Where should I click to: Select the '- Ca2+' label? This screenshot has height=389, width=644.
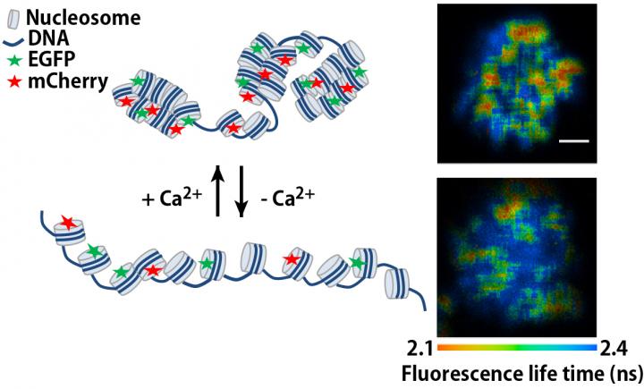[x=285, y=197]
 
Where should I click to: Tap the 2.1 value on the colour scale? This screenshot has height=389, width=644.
[x=418, y=347]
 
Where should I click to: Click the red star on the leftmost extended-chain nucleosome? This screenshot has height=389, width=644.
[x=67, y=222]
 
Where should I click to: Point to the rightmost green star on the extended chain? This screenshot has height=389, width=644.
[x=358, y=262]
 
